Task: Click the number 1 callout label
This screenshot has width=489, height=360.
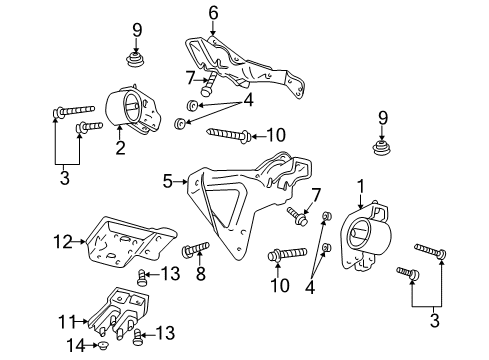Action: click(361, 187)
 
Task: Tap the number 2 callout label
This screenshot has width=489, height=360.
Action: click(119, 149)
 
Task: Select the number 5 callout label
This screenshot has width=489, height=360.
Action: click(168, 181)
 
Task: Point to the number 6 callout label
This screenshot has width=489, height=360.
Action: click(212, 13)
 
